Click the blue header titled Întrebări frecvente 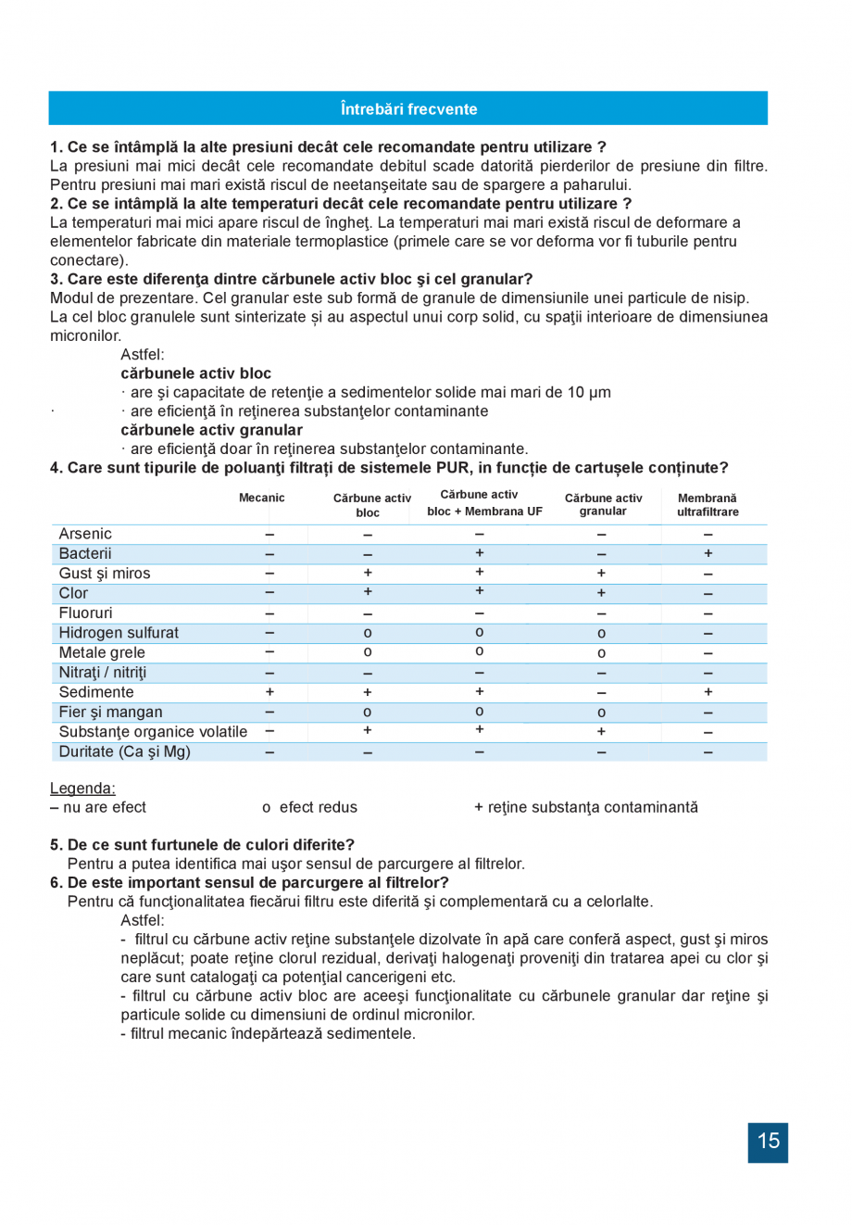[408, 108]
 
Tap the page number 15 [768, 1142]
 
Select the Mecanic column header [262, 498]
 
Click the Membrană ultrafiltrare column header [708, 505]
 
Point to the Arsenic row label [85, 534]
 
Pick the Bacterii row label [85, 554]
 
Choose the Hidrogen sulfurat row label [119, 633]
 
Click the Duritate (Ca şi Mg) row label [124, 751]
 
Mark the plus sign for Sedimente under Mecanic [269, 692]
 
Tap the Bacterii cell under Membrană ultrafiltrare [708, 554]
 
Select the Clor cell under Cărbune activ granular [601, 593]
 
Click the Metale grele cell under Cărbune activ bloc [368, 653]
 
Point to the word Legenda [82, 789]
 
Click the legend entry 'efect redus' [310, 808]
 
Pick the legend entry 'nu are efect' [98, 808]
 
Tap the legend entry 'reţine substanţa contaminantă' [586, 808]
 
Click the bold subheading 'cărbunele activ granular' [211, 430]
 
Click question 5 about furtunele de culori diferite [202, 845]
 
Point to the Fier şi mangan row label [110, 713]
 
